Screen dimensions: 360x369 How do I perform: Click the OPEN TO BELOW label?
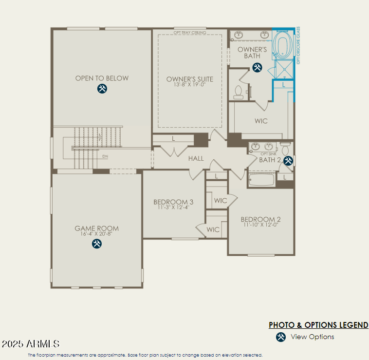coord(102,78)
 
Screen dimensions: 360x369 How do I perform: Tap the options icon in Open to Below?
coord(102,89)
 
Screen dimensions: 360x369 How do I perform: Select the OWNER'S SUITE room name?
coord(189,79)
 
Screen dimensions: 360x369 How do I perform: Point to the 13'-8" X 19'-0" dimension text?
coord(189,85)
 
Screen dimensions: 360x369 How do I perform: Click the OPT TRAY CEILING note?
coord(190,33)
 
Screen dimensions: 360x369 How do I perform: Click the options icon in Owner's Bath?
coord(257,67)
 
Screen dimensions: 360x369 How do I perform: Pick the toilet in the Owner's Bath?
coord(239,92)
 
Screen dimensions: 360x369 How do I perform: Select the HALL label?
coord(196,158)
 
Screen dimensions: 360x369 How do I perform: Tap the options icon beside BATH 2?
coord(288,160)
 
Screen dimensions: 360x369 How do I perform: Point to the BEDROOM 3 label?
coord(173,202)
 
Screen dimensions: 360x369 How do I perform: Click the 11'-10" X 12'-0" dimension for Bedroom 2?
coord(260,225)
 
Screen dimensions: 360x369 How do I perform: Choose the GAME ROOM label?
coord(96,228)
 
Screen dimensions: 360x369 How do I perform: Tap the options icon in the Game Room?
coord(97,244)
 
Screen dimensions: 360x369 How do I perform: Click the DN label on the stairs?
coord(105,156)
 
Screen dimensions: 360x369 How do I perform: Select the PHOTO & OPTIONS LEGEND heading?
coord(318,325)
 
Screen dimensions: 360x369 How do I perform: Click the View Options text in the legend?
coord(312,337)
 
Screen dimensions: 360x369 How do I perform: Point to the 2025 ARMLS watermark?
coord(30,344)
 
